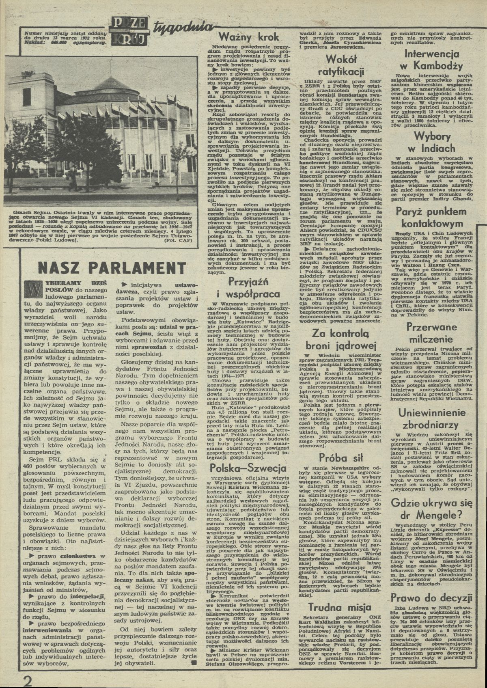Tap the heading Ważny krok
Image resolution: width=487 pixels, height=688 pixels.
pos(249,37)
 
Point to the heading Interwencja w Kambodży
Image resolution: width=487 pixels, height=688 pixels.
pos(434,60)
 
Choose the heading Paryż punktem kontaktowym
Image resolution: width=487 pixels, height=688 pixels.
pos(434,218)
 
